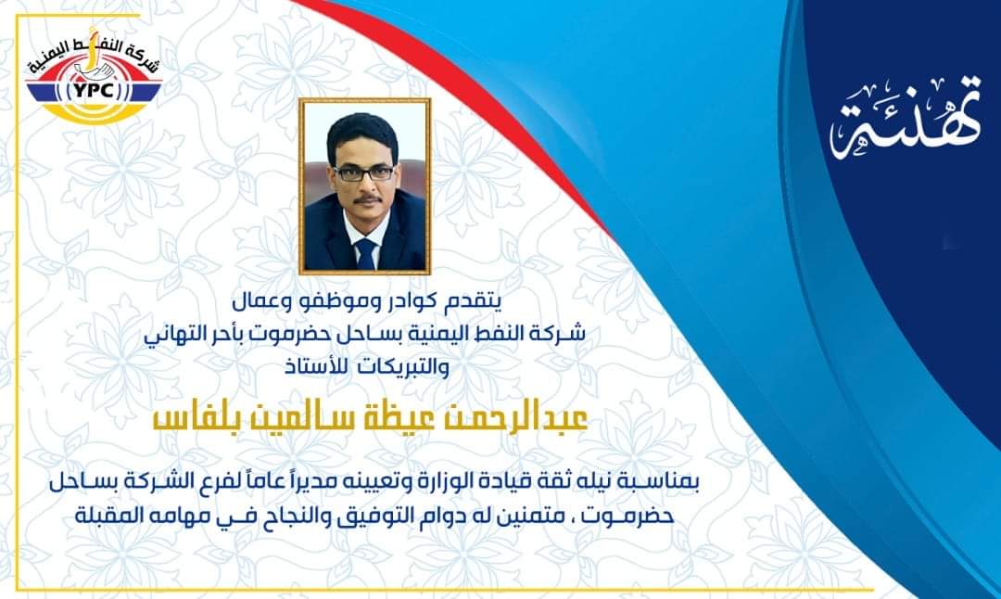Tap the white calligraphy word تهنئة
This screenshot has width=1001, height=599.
(x=906, y=118)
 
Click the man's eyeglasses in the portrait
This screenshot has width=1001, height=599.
(x=364, y=173)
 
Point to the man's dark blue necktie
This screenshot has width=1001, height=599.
(x=365, y=253)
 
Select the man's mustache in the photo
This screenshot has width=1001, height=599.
(x=367, y=199)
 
